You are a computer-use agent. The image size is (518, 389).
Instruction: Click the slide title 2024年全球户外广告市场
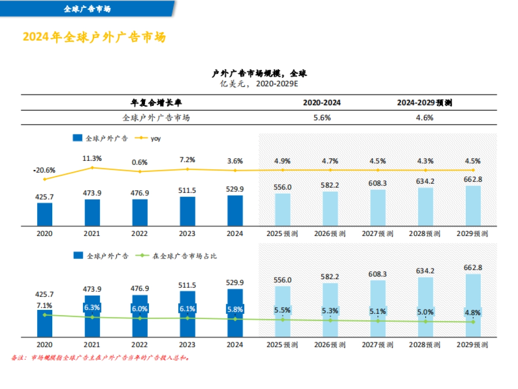click(94, 37)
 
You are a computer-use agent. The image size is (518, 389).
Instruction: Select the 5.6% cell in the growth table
click(322, 118)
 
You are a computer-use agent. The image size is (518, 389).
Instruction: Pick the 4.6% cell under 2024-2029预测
click(425, 118)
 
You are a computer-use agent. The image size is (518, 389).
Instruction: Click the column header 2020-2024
click(322, 103)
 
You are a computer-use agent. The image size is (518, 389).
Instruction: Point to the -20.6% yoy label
click(44, 170)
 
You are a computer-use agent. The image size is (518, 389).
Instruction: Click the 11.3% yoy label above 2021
click(92, 159)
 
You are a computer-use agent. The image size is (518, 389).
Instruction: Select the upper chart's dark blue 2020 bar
click(44, 214)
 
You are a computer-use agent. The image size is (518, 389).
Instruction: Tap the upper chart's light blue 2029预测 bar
click(473, 206)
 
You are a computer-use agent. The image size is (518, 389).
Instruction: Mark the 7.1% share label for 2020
click(44, 306)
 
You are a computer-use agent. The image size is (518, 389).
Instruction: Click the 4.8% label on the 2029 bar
click(473, 312)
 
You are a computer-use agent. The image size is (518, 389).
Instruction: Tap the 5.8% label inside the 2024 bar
click(235, 309)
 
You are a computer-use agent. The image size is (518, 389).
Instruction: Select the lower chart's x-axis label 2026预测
click(330, 345)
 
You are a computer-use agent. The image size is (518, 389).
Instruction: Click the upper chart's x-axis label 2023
click(187, 233)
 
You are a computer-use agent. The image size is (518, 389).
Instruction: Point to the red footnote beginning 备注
click(100, 358)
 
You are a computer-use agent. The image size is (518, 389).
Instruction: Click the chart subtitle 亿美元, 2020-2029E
click(259, 84)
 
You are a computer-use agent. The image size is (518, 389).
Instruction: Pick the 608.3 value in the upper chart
click(378, 183)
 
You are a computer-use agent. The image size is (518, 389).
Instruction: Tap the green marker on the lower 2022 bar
click(139, 319)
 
